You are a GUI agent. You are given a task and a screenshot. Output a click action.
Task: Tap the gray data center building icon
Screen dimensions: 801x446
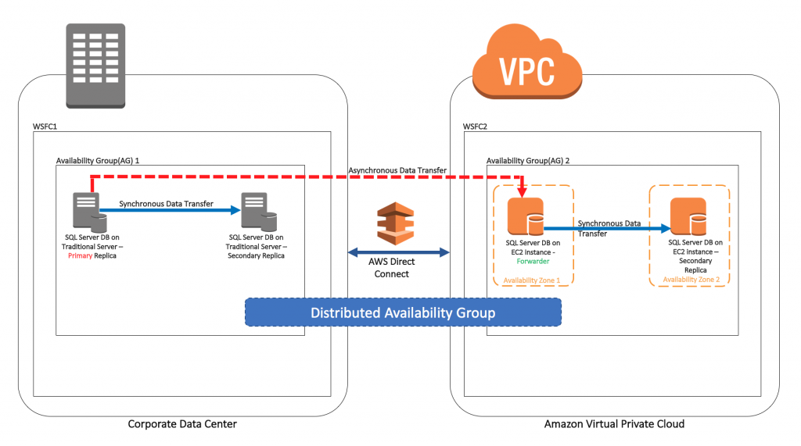tap(95, 66)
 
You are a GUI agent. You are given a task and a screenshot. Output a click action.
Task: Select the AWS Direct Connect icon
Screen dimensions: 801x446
tap(395, 223)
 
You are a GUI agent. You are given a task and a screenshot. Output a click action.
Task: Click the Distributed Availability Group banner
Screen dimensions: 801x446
tap(403, 312)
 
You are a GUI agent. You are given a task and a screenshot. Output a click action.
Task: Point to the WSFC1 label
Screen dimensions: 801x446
tap(45, 127)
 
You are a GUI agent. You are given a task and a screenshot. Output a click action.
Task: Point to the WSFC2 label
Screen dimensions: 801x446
tap(475, 127)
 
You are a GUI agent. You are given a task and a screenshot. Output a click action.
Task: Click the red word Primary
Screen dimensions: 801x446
tap(81, 255)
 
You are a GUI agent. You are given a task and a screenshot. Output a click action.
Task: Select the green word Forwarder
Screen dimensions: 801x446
tap(533, 261)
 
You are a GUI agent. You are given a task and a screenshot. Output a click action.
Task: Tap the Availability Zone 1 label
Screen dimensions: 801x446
tap(532, 280)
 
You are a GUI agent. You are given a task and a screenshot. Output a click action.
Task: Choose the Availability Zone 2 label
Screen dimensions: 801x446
tap(691, 279)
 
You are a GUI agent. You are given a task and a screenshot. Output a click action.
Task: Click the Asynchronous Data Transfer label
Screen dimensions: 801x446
tap(397, 170)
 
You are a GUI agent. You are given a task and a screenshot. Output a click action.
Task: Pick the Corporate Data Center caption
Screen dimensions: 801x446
tap(182, 424)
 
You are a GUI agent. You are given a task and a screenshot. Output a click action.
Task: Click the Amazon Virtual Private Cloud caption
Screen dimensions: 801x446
tap(614, 424)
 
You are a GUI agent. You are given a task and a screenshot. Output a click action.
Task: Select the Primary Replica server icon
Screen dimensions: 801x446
tap(90, 212)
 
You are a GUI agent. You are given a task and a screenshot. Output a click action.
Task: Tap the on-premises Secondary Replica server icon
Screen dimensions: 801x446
tap(259, 212)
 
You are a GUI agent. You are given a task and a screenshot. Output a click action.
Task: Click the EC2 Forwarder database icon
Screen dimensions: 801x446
tap(526, 217)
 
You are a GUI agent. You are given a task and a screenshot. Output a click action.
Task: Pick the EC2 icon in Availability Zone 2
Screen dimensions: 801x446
tap(688, 217)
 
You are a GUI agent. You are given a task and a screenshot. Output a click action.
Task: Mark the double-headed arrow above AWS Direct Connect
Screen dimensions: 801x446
tap(398, 252)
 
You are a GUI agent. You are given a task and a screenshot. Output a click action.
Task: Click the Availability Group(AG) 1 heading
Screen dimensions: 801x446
tap(98, 160)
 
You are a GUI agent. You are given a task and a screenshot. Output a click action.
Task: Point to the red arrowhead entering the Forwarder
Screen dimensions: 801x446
tap(522, 192)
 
